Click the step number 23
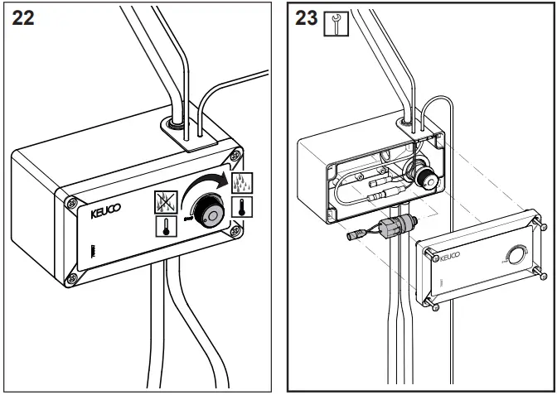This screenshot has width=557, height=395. [x=305, y=18]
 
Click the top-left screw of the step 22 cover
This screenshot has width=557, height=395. [x=71, y=200]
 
